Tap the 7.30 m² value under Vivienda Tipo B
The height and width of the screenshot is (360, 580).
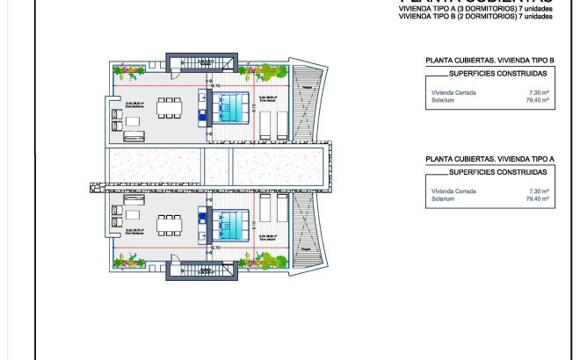[x=538, y=92]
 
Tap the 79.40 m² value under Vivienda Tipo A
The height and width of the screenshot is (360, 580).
[x=536, y=199]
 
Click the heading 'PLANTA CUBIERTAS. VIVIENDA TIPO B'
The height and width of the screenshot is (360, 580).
[x=489, y=61]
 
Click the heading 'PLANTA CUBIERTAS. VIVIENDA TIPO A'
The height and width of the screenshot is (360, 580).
[x=489, y=159]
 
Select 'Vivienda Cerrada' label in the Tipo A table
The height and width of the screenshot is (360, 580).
[x=450, y=191]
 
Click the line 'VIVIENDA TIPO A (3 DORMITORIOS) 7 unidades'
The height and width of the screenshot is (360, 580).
[x=475, y=10]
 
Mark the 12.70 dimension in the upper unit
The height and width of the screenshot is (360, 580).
[x=214, y=76]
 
